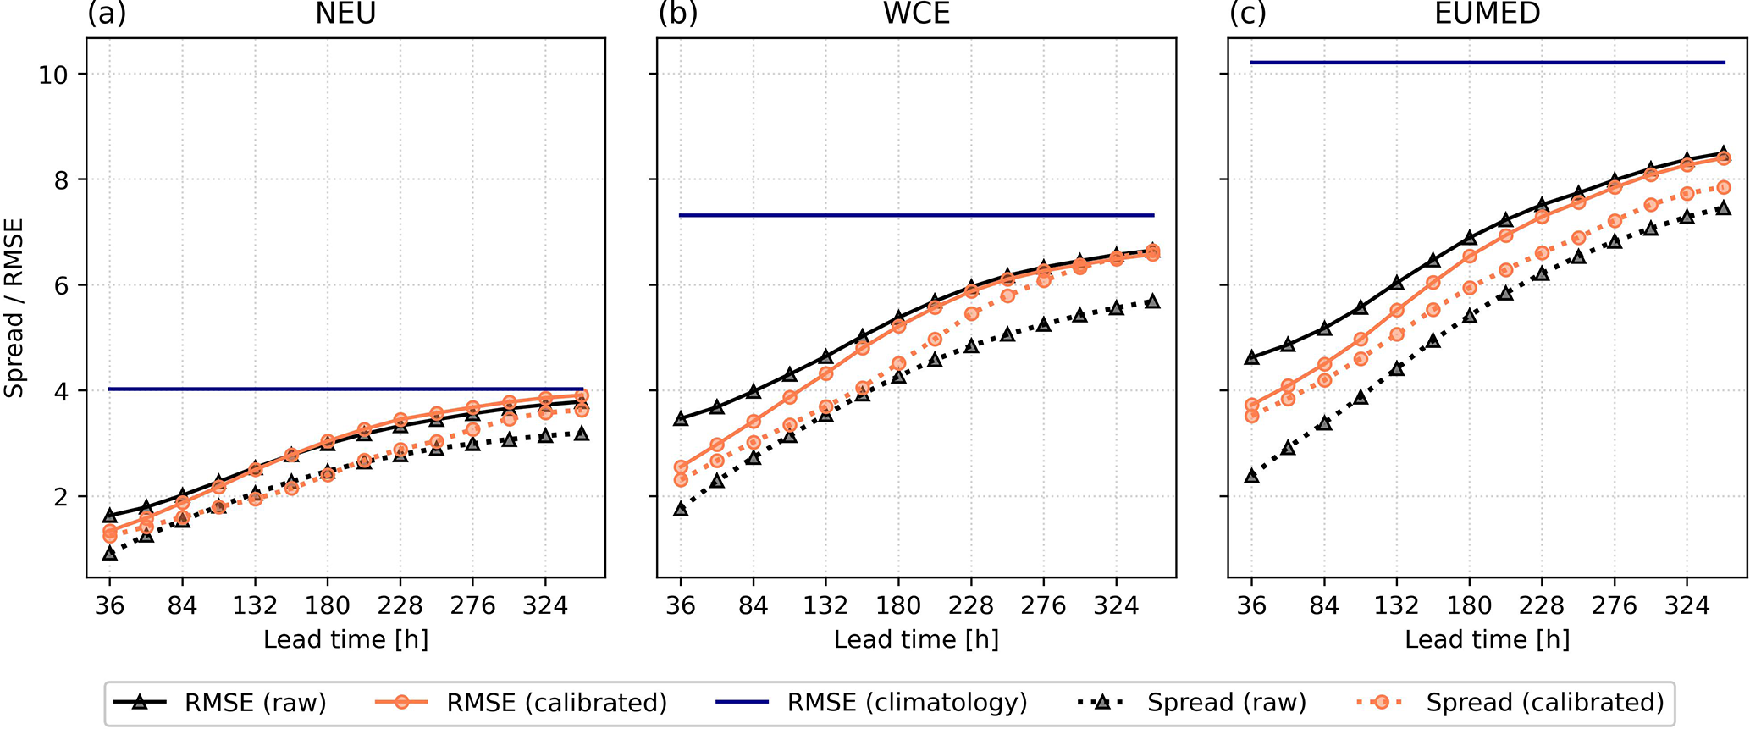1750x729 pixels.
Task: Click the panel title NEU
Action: click(345, 14)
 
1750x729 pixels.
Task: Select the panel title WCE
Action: click(916, 14)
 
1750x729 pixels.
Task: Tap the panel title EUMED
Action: click(1487, 14)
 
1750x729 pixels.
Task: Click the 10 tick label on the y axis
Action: click(53, 75)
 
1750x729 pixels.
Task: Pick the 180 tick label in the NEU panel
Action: click(328, 606)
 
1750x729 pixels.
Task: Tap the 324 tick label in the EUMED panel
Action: click(1687, 606)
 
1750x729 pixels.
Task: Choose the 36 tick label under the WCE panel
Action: click(680, 606)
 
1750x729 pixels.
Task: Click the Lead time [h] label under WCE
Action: click(916, 639)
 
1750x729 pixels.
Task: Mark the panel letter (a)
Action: click(107, 14)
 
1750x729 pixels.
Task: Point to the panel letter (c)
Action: click(1247, 14)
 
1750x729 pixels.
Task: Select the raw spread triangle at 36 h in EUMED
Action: click(1251, 476)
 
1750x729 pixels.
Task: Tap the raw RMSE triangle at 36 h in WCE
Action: click(680, 418)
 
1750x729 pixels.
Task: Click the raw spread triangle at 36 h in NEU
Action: click(109, 553)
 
